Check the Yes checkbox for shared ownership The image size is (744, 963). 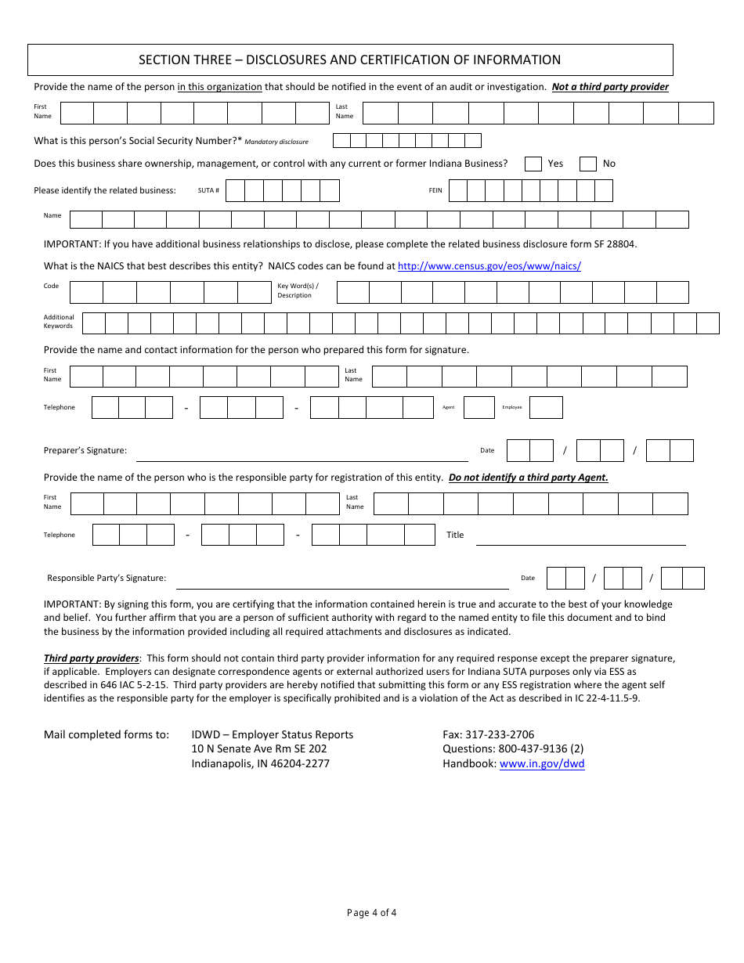[533, 164]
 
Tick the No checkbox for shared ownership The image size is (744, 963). [587, 164]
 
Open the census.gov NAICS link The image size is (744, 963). [489, 266]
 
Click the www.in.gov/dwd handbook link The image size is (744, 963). [542, 764]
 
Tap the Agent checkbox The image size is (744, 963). [479, 407]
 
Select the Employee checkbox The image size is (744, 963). [546, 407]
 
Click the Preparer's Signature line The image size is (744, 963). [302, 456]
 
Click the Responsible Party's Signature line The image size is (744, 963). [342, 583]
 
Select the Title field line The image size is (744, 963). [580, 539]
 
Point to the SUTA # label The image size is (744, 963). [208, 190]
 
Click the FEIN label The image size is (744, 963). [435, 190]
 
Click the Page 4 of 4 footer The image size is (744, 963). [371, 913]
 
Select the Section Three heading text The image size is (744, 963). [349, 60]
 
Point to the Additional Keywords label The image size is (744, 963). [59, 322]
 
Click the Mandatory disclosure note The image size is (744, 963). [276, 142]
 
